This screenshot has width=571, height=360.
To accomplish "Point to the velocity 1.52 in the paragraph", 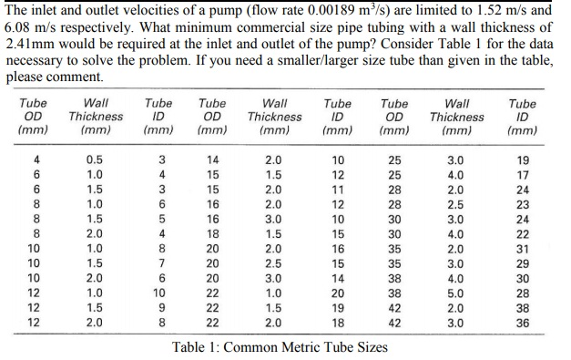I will click(x=488, y=10).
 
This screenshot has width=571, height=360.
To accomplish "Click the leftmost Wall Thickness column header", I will click(x=96, y=117).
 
